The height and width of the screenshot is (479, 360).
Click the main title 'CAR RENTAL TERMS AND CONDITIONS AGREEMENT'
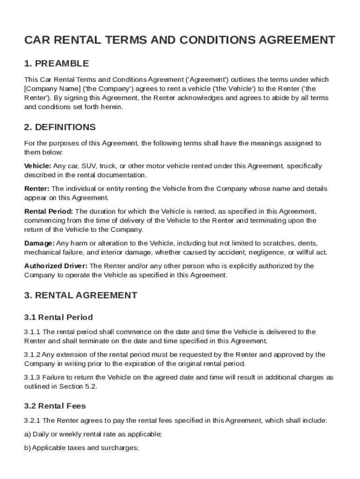(x=180, y=40)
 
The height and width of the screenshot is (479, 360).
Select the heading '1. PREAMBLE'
(x=57, y=64)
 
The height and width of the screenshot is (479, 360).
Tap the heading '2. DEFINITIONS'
(x=60, y=127)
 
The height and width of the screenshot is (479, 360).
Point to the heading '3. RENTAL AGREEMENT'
(x=81, y=295)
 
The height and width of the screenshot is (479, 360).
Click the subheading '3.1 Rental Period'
(x=58, y=317)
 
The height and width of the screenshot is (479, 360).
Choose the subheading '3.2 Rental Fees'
(x=55, y=406)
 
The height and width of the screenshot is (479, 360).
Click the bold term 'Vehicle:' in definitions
(x=37, y=166)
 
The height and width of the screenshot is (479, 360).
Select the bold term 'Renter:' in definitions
(x=36, y=189)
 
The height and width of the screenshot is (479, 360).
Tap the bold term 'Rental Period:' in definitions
(x=48, y=211)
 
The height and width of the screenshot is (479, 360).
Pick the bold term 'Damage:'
(x=39, y=243)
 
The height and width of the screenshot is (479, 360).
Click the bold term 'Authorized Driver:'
(x=56, y=266)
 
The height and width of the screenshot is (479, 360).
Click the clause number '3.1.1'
(x=32, y=332)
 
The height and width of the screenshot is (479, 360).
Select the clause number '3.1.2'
(x=32, y=355)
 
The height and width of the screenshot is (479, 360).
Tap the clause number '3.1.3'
(x=32, y=377)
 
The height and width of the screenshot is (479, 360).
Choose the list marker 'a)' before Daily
(x=28, y=435)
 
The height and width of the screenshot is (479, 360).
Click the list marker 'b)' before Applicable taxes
(x=28, y=448)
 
